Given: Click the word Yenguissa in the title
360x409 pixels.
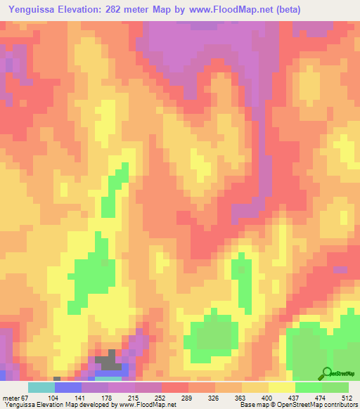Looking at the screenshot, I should tap(32, 9).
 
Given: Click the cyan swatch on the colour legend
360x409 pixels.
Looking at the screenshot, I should tap(41, 388).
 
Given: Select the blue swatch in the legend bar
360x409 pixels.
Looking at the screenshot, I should tap(68, 388).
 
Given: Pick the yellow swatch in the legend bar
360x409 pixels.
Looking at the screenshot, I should tap(282, 388).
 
